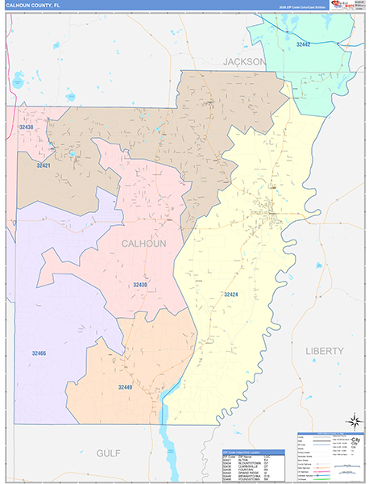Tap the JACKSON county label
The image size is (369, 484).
tap(244, 61)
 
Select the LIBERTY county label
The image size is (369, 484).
tap(325, 351)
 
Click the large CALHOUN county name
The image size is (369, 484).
tap(143, 244)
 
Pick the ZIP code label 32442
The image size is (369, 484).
tap(303, 45)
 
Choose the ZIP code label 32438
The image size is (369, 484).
tap(27, 127)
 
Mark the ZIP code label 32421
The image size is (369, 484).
tap(44, 165)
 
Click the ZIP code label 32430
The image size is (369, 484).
tap(141, 285)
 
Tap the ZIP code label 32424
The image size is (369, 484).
tap(232, 294)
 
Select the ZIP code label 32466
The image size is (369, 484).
tap(39, 353)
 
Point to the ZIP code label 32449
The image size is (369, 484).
tap(125, 388)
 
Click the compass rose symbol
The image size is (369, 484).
tap(352, 420)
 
